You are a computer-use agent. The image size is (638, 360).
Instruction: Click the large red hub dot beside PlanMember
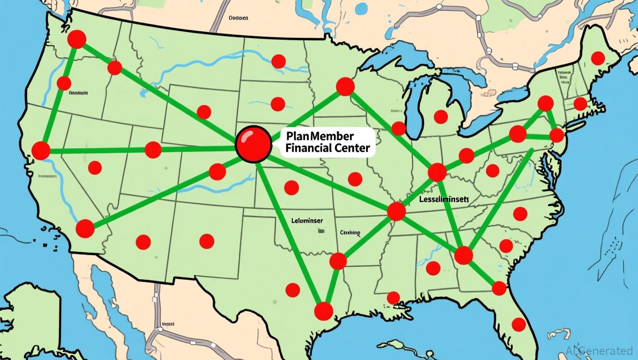point(254,144)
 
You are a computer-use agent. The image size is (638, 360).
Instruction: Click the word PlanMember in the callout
point(319,136)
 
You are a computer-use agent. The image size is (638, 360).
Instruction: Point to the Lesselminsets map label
point(443,199)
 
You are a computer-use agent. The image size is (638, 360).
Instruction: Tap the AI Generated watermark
point(599,350)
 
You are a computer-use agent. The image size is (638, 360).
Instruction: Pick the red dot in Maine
point(598,58)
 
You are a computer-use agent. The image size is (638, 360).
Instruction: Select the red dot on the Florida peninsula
point(518,324)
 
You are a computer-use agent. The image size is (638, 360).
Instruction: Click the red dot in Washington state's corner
point(76,39)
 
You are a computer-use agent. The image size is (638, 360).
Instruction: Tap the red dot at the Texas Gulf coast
point(323,311)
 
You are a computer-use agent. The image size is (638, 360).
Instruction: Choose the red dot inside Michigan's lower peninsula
point(441,117)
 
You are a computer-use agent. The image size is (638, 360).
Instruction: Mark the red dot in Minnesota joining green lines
point(345,87)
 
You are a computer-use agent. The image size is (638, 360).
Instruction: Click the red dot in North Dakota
point(279,61)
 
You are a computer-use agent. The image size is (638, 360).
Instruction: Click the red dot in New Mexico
point(206,241)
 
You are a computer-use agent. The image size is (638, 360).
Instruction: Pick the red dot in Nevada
point(95,168)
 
